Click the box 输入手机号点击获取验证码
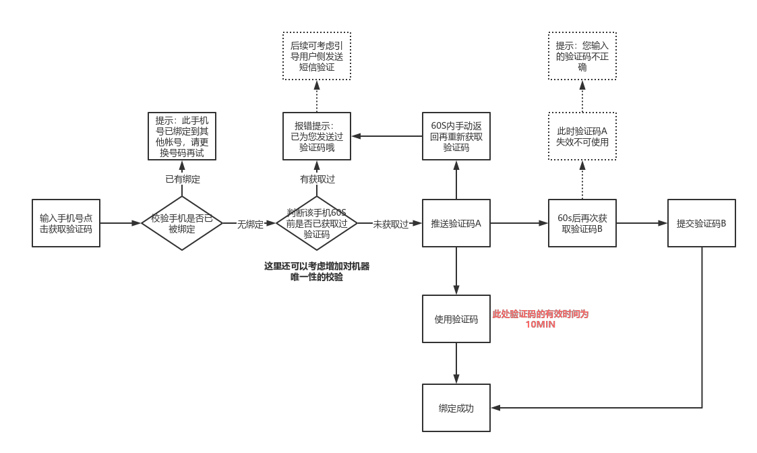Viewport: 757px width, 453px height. [66, 223]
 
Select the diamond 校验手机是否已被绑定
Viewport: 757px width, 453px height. [181, 223]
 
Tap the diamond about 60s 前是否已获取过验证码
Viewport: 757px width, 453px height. [317, 223]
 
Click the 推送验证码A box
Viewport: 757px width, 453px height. [456, 223]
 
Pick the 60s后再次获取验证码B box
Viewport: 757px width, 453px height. [582, 223]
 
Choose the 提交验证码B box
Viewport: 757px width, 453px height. [701, 223]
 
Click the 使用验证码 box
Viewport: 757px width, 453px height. [456, 319]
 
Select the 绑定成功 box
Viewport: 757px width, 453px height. [456, 408]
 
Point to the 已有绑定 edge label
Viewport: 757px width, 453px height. [183, 179]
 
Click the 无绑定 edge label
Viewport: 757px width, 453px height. [249, 224]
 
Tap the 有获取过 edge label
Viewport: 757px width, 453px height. [317, 179]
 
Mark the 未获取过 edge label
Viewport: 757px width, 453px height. [391, 224]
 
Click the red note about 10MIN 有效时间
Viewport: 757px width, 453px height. [541, 319]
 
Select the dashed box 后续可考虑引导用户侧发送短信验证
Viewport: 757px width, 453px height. [317, 56]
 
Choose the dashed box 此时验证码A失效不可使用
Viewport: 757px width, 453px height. [582, 136]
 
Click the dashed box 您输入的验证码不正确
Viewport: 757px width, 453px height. [582, 56]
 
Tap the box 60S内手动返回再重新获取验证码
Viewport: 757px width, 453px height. [456, 136]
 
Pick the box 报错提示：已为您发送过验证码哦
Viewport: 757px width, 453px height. [317, 136]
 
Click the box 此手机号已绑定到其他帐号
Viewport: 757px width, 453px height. [182, 136]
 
